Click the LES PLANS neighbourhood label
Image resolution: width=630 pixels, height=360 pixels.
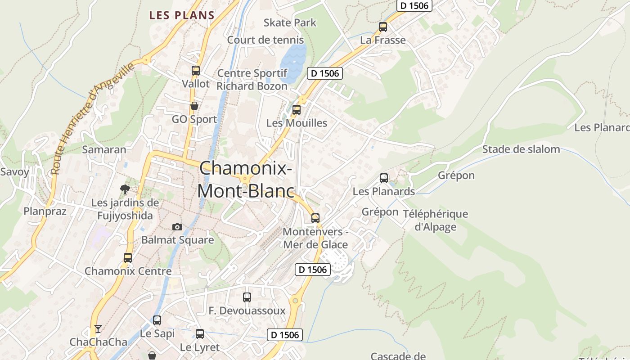pyautogui.click(x=182, y=15)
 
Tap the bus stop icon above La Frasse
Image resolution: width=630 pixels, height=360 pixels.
pyautogui.click(x=383, y=27)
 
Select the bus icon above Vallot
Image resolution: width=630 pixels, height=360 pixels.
pyautogui.click(x=196, y=71)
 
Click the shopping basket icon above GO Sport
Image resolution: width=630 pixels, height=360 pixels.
pyautogui.click(x=194, y=106)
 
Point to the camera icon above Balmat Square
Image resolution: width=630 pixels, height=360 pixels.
pyautogui.click(x=177, y=227)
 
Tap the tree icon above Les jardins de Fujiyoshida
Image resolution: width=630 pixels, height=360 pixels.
pyautogui.click(x=125, y=189)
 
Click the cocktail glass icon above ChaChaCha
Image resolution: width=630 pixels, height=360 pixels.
pyautogui.click(x=98, y=329)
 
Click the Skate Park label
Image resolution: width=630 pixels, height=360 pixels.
pyautogui.click(x=290, y=22)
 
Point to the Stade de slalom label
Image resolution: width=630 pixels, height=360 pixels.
pyautogui.click(x=521, y=149)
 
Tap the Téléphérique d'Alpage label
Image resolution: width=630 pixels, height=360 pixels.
pyautogui.click(x=435, y=220)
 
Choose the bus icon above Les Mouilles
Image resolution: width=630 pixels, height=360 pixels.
pyautogui.click(x=297, y=110)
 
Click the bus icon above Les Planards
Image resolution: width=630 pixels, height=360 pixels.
pyautogui.click(x=384, y=178)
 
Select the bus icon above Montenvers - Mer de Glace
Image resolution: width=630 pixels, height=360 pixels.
pyautogui.click(x=315, y=218)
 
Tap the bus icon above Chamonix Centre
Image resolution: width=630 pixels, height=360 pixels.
pyautogui.click(x=128, y=258)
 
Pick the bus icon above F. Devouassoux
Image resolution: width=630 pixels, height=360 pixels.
pyautogui.click(x=247, y=297)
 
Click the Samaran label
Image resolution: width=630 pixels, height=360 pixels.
pyautogui.click(x=104, y=150)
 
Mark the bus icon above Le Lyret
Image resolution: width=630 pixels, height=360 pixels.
pyautogui.click(x=200, y=334)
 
